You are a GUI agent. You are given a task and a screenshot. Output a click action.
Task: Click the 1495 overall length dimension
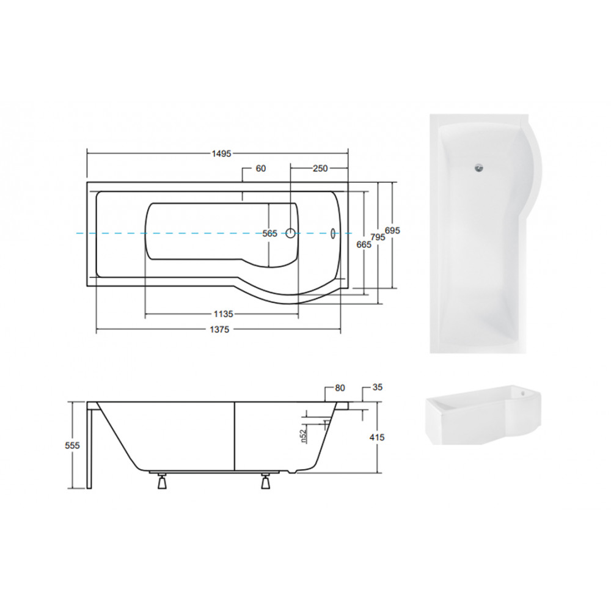pos(221,153)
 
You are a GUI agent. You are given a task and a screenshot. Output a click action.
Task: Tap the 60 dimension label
pos(261,169)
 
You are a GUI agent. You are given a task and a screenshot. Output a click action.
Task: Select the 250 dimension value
pos(320,169)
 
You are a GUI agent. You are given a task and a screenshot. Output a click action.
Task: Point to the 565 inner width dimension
pos(269,233)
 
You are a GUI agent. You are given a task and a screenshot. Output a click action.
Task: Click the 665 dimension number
pos(364,244)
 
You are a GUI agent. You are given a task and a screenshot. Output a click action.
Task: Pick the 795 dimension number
pos(378,237)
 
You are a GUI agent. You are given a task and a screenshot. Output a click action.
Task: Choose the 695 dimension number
pos(392,230)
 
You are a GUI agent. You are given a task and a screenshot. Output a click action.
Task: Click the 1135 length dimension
pos(223,313)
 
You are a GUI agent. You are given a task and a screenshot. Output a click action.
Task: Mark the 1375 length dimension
pos(219,330)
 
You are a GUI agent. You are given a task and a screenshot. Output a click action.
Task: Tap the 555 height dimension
pos(73,445)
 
